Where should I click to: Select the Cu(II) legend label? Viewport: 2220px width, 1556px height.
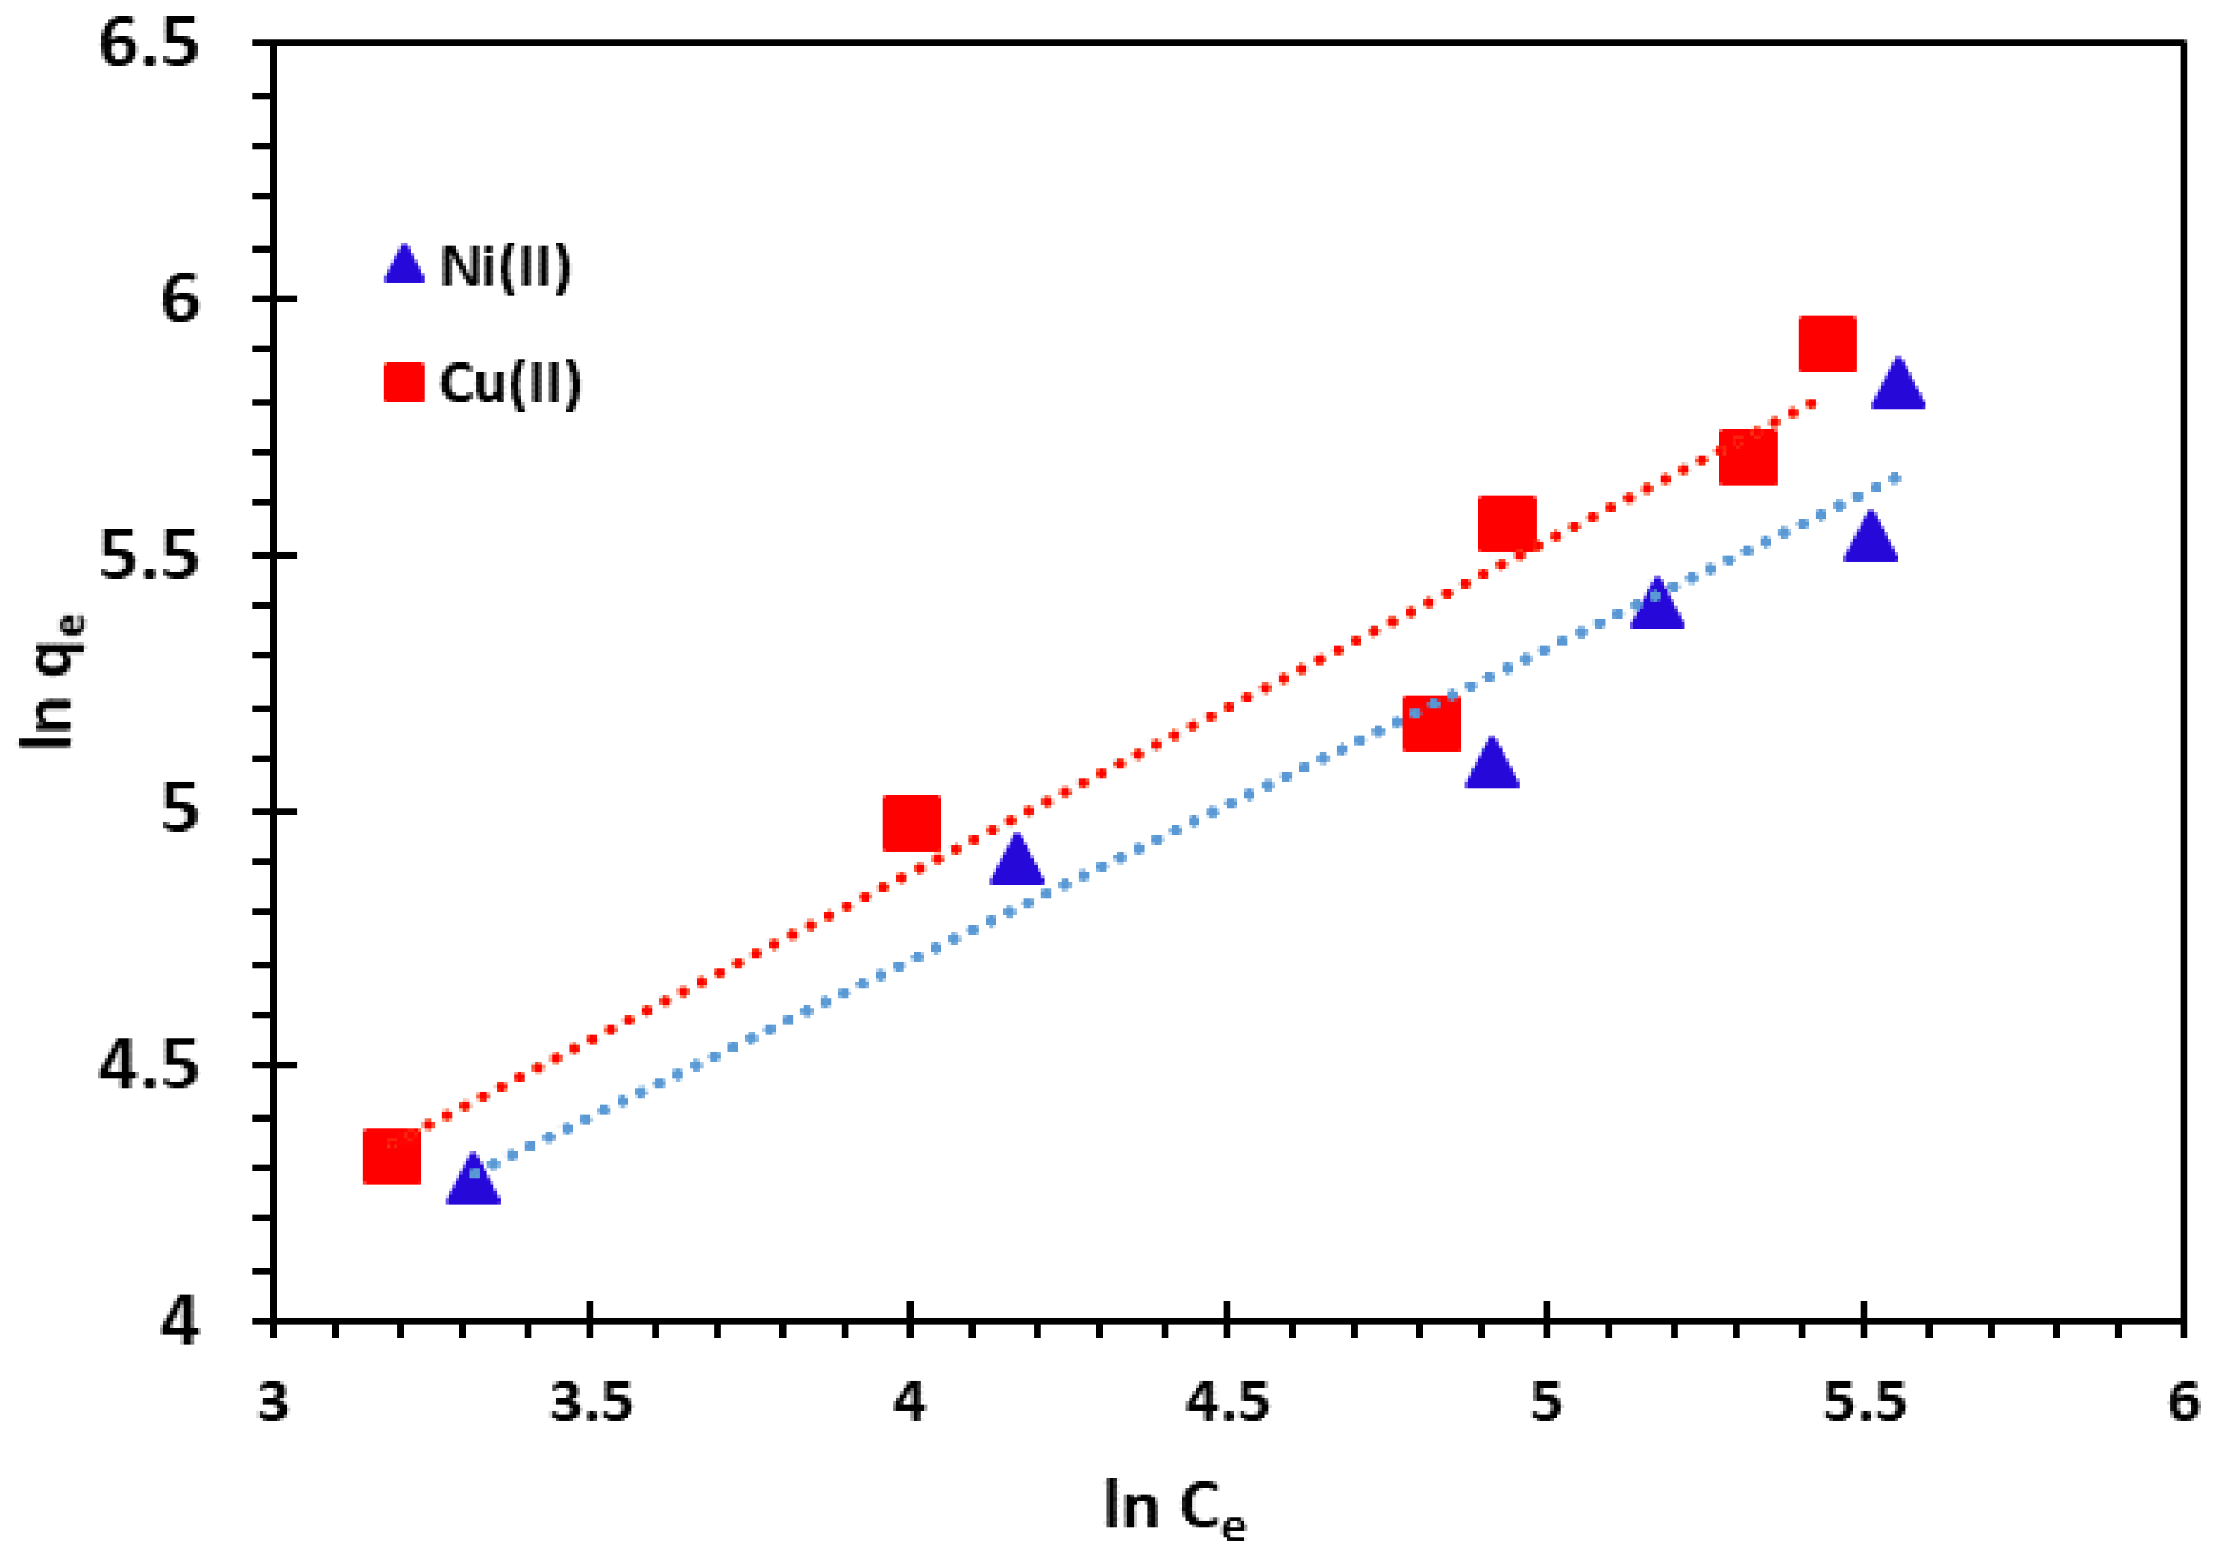point(510,384)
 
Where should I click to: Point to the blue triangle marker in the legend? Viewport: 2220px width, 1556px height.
point(404,264)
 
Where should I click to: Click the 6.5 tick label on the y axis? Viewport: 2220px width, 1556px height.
point(150,44)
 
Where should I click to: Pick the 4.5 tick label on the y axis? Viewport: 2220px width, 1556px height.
point(150,1066)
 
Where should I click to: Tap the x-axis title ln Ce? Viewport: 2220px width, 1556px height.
point(1174,1507)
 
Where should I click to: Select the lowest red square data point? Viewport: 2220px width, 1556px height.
point(392,1156)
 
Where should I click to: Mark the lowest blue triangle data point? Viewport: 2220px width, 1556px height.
point(473,1181)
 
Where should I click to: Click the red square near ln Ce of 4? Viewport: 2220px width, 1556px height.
point(911,824)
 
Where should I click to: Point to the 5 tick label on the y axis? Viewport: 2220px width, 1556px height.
point(179,810)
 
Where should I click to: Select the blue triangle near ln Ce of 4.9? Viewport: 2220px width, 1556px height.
point(1491,765)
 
